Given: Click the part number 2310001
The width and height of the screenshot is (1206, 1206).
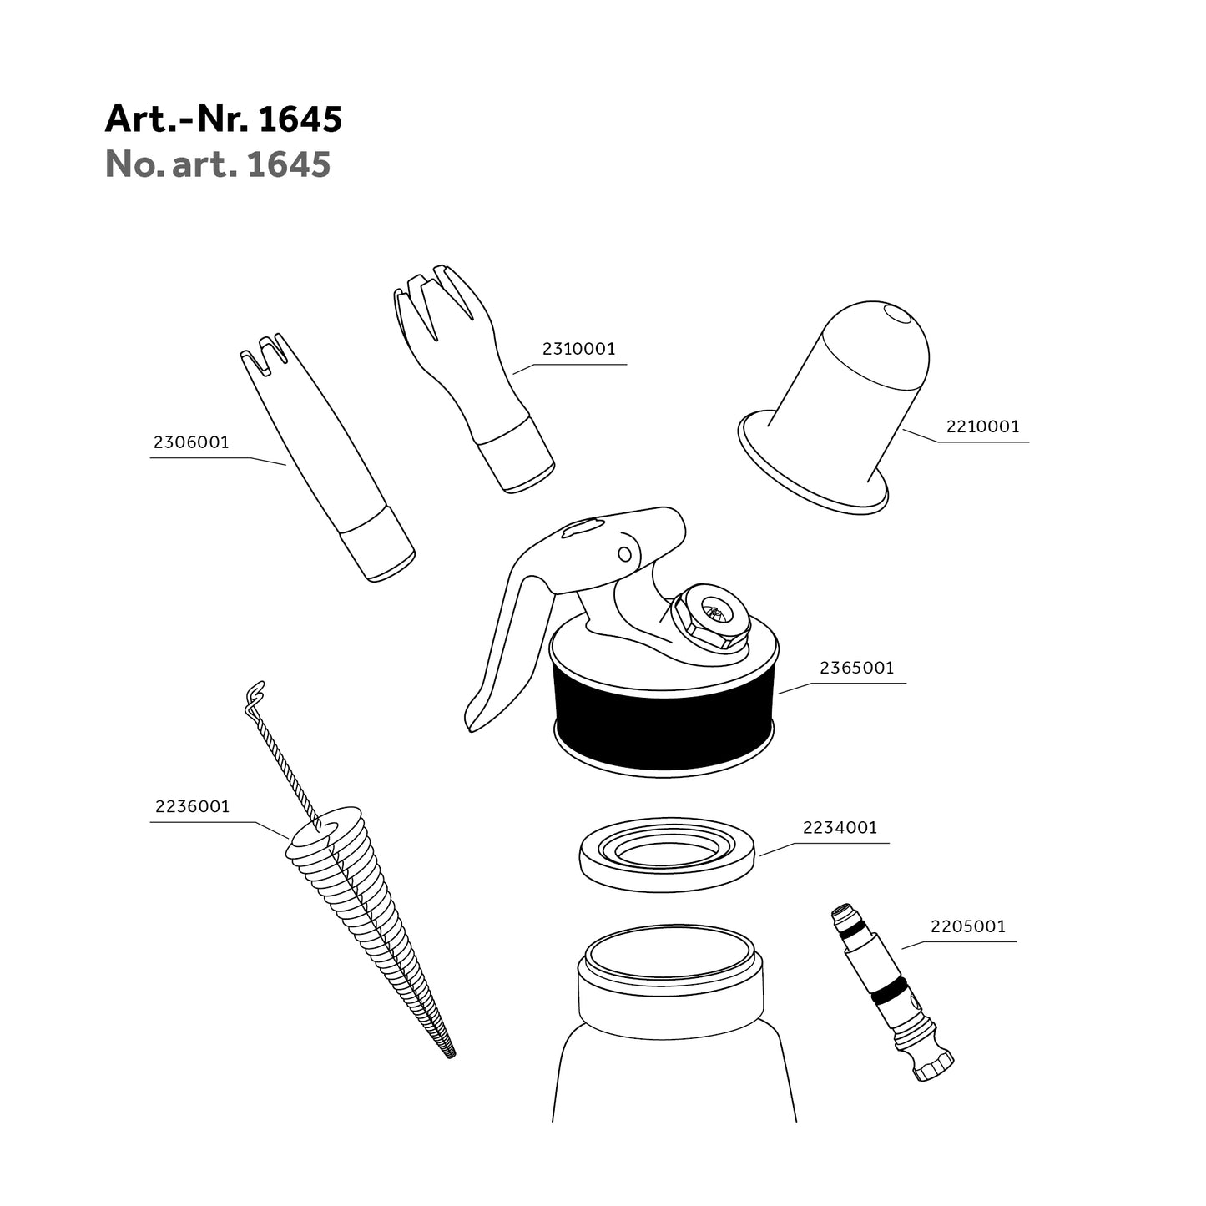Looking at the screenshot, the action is [579, 349].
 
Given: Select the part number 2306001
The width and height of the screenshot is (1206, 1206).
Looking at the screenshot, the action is [191, 442].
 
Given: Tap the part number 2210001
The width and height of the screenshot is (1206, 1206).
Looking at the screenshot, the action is [982, 426].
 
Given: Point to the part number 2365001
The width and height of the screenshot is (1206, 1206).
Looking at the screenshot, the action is [857, 668].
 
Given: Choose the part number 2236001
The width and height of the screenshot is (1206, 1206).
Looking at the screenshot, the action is [193, 807].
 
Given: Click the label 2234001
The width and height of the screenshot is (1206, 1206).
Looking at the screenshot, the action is [840, 828].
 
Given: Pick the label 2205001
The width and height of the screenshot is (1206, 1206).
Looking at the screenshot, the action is [967, 926].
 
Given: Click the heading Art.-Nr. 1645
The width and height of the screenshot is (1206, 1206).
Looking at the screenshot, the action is [224, 119].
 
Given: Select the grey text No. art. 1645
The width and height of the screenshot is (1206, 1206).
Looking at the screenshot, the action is [218, 164].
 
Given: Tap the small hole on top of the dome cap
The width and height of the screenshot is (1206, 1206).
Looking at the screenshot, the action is [898, 314].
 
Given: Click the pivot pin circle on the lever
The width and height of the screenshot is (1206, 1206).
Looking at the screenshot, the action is [624, 554].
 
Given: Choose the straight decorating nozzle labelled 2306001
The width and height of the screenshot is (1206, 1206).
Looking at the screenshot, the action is [326, 457].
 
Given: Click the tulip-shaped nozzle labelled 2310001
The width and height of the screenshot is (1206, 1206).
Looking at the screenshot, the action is [474, 379].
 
